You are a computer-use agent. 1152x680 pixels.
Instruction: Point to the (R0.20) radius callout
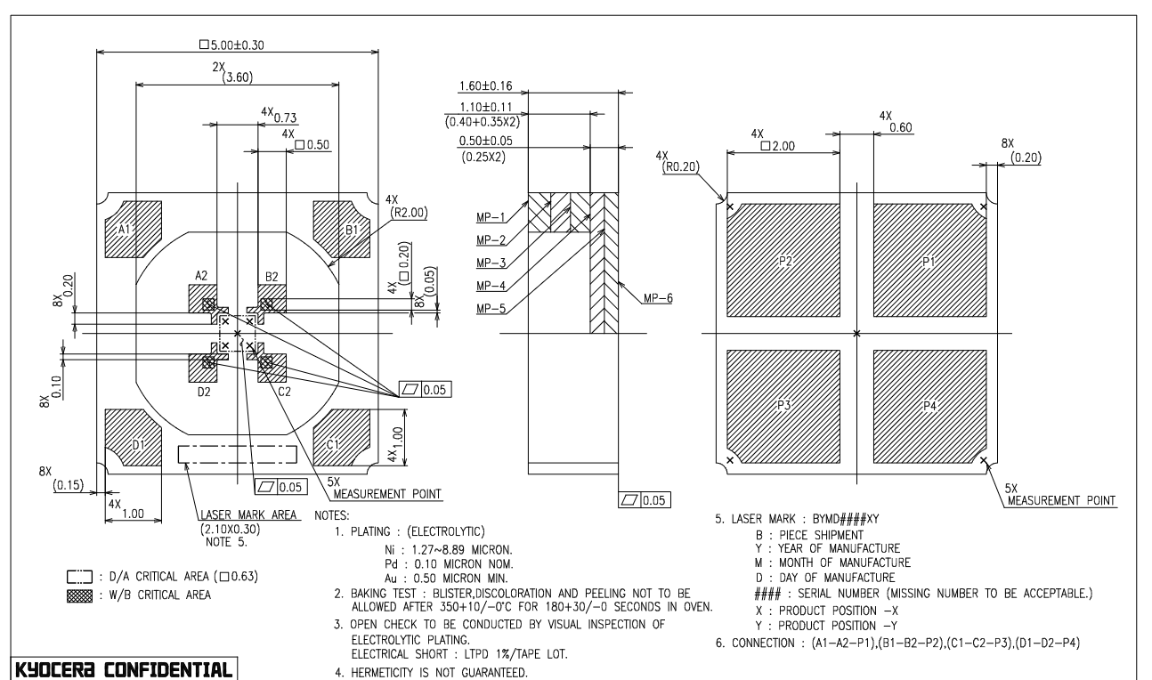pyautogui.click(x=675, y=166)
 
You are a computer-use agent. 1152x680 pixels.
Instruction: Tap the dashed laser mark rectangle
pyautogui.click(x=237, y=454)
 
